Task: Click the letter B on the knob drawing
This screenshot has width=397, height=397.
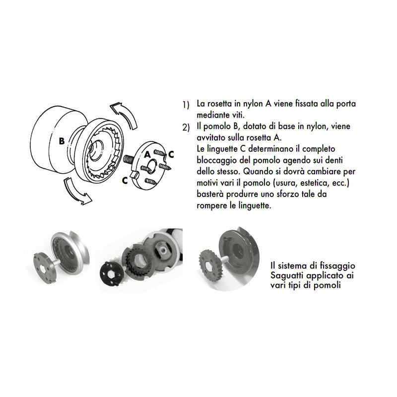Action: click(62, 141)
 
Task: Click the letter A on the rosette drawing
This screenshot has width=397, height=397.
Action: click(147, 154)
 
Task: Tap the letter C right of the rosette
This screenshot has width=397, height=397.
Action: click(171, 154)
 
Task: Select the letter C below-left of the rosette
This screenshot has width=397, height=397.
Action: click(125, 181)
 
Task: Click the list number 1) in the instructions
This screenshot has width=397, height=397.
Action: click(186, 105)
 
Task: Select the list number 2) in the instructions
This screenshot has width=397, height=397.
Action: click(186, 128)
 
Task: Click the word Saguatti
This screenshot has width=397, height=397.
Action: click(287, 276)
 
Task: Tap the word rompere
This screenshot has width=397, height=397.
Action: click(212, 205)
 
